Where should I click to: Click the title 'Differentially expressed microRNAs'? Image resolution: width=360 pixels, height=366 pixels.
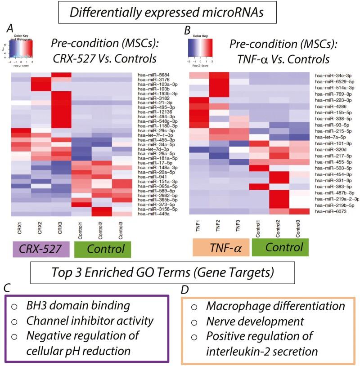point(180,13)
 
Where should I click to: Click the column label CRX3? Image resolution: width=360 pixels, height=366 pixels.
point(54,229)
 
